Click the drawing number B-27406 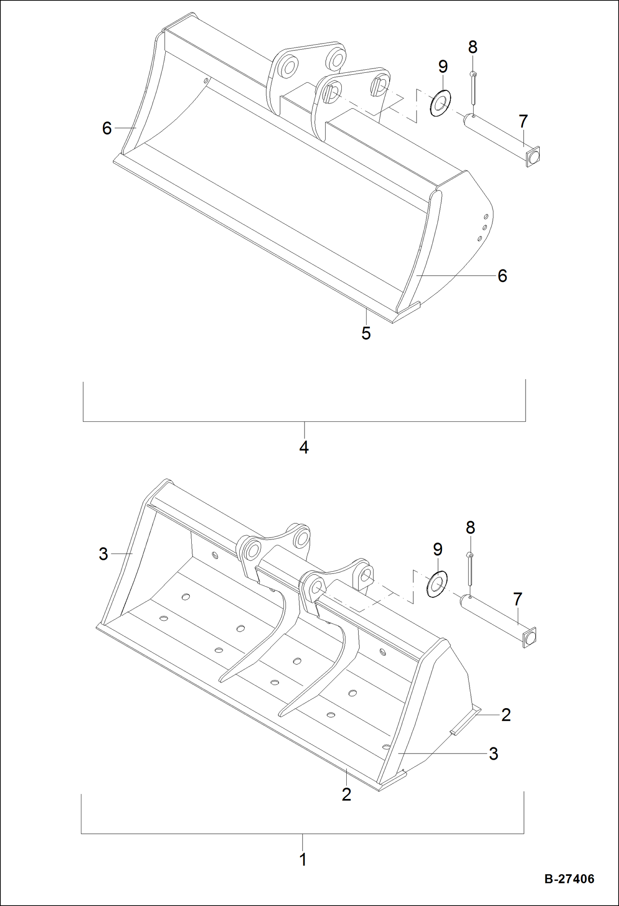[569, 879]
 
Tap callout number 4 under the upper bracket [304, 447]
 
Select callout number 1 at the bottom [302, 859]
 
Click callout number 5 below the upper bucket [366, 333]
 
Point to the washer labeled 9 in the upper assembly [440, 102]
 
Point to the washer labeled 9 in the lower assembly [437, 584]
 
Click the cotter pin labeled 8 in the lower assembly [470, 569]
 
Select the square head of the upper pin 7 [533, 157]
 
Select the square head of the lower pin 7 [530, 637]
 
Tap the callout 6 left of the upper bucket [107, 128]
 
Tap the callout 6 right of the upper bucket [502, 276]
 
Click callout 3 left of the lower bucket [103, 554]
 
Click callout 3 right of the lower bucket [493, 754]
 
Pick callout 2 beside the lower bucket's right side [506, 715]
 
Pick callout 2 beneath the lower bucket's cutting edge [346, 794]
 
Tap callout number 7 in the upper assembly [523, 121]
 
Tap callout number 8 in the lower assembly [470, 528]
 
